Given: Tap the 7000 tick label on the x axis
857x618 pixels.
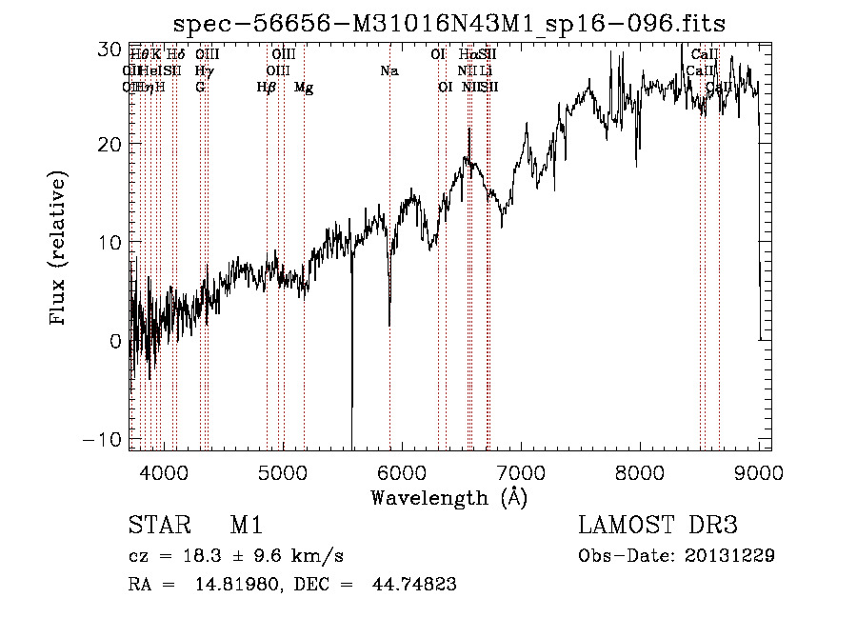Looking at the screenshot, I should tap(521, 470).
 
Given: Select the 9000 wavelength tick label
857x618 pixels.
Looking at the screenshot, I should tap(759, 470).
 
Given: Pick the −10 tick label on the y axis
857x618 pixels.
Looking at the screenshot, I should tap(101, 439).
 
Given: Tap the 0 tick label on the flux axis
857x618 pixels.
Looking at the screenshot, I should tap(114, 341).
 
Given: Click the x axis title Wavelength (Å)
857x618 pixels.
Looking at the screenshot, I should tap(448, 497).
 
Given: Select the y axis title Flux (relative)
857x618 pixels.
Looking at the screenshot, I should tap(59, 249).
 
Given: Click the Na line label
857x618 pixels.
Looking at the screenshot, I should tap(389, 71).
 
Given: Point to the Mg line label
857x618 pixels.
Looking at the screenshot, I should tap(304, 88).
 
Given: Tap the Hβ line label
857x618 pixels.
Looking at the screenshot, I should tap(267, 88).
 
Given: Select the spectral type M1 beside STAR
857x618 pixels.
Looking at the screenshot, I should tap(246, 526).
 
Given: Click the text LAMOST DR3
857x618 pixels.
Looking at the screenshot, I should tap(658, 526).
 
